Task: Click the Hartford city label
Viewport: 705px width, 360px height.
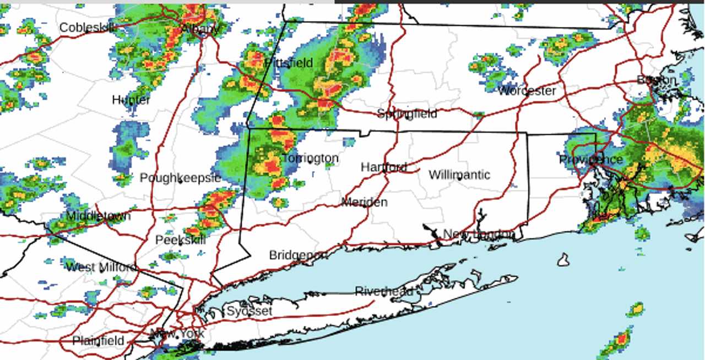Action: pyautogui.click(x=384, y=167)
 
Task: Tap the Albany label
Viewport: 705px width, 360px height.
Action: pyautogui.click(x=200, y=29)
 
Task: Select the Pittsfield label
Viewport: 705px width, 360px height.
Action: pyautogui.click(x=289, y=63)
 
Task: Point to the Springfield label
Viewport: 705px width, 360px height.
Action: pyautogui.click(x=407, y=113)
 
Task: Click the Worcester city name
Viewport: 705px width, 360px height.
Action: pyautogui.click(x=527, y=91)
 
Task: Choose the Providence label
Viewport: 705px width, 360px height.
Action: pyautogui.click(x=590, y=160)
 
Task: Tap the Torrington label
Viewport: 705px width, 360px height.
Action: pyautogui.click(x=310, y=159)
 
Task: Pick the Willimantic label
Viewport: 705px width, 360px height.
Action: pyautogui.click(x=459, y=175)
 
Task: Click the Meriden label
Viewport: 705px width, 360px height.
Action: pyautogui.click(x=364, y=202)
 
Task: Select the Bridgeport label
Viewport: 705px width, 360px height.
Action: pyautogui.click(x=298, y=255)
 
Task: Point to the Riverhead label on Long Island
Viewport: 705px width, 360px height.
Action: pyautogui.click(x=383, y=291)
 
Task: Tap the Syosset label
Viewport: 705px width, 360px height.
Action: pyautogui.click(x=250, y=311)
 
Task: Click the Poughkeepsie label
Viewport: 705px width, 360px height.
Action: pyautogui.click(x=180, y=178)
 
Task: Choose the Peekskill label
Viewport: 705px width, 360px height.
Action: pyautogui.click(x=180, y=240)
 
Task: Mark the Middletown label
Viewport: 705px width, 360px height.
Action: pyautogui.click(x=98, y=216)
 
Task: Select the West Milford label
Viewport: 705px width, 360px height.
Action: pyautogui.click(x=101, y=268)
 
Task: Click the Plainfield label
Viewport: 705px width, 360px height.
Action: pyautogui.click(x=99, y=341)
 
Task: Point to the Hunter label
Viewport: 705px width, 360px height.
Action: pyautogui.click(x=131, y=100)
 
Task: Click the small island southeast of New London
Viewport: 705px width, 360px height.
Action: pyautogui.click(x=562, y=259)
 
